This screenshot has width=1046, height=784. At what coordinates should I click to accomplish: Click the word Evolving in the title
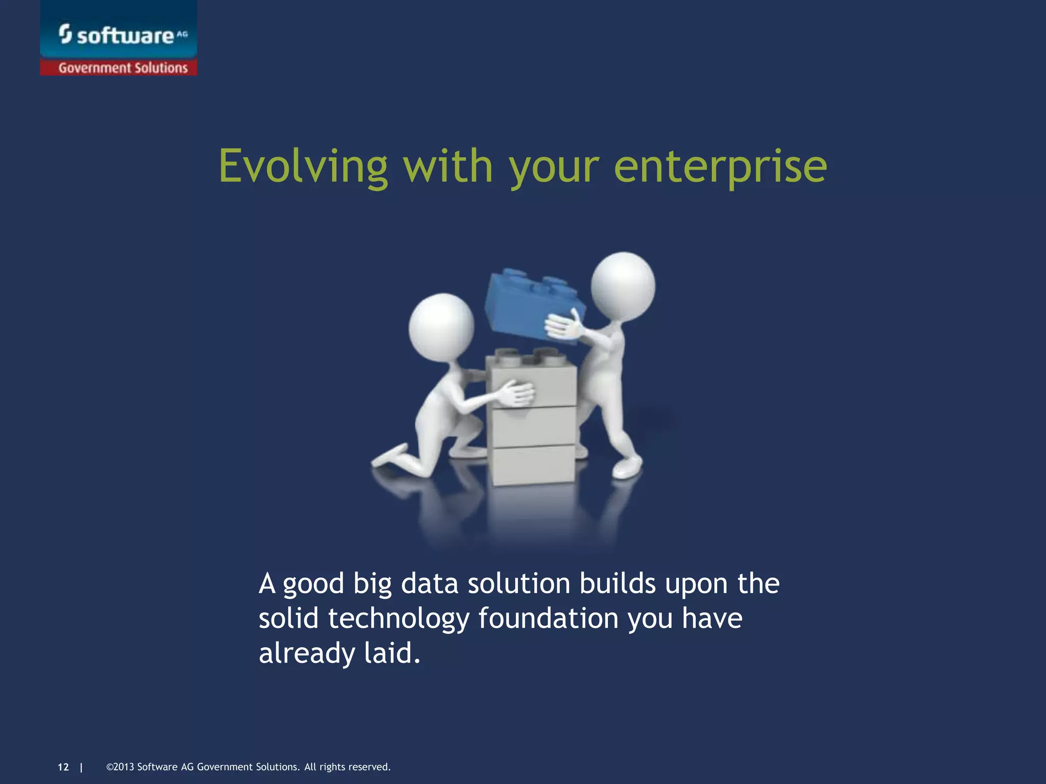tap(303, 166)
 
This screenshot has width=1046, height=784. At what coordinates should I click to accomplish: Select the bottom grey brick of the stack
tap(533, 464)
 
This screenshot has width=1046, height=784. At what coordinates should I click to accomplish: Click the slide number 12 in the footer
tap(63, 767)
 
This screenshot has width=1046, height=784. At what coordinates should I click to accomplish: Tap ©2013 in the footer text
tap(120, 767)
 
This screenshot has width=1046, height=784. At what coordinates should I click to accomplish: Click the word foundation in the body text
tap(549, 618)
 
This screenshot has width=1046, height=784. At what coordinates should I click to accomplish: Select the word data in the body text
tap(429, 583)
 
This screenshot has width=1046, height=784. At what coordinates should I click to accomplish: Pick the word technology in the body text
tap(398, 619)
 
